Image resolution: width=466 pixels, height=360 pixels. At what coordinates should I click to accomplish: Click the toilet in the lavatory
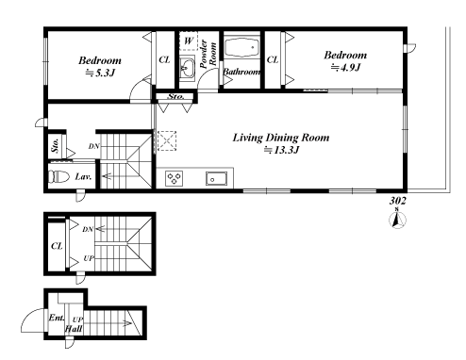pyautogui.click(x=58, y=176)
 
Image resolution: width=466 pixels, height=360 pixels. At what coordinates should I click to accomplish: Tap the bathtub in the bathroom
pyautogui.click(x=241, y=47)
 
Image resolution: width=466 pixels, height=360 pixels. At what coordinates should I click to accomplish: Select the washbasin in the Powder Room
pyautogui.click(x=188, y=68)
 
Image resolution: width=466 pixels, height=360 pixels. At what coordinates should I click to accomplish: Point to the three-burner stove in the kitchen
pyautogui.click(x=174, y=178)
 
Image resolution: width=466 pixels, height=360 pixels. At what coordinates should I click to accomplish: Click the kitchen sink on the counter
pyautogui.click(x=217, y=178)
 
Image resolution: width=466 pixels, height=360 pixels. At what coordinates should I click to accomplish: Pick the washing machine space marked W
pyautogui.click(x=189, y=41)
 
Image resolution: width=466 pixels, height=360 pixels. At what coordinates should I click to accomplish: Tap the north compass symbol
pyautogui.click(x=397, y=219)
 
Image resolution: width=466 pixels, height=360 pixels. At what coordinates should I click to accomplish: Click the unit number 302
pyautogui.click(x=398, y=201)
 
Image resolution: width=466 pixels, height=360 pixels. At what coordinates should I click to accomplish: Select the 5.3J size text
pyautogui.click(x=101, y=74)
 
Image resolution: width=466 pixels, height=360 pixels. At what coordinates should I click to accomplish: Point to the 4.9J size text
pyautogui.click(x=345, y=68)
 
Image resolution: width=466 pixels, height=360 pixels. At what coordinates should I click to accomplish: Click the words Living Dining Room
pyautogui.click(x=281, y=138)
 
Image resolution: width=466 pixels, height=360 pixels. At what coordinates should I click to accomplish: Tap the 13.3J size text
pyautogui.click(x=281, y=150)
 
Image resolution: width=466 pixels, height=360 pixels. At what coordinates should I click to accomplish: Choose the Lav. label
pyautogui.click(x=83, y=177)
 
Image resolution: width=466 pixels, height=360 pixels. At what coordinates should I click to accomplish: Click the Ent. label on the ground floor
pyautogui.click(x=57, y=318)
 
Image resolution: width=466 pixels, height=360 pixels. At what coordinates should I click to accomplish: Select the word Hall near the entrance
pyautogui.click(x=74, y=329)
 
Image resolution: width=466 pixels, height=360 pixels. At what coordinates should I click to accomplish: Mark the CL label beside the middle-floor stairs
pyautogui.click(x=57, y=246)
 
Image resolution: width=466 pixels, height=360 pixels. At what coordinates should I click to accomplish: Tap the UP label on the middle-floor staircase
pyautogui.click(x=89, y=258)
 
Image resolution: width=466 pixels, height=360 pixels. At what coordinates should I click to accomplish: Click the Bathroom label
pyautogui.click(x=241, y=72)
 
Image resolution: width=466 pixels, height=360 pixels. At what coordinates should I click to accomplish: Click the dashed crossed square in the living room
pyautogui.click(x=167, y=140)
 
